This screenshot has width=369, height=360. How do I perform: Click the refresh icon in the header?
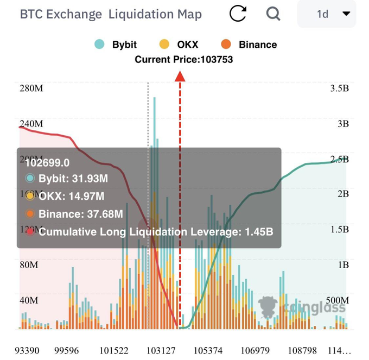pos(238,14)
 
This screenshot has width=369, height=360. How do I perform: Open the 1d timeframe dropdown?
pos(327,14)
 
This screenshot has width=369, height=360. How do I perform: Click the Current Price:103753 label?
pos(184,60)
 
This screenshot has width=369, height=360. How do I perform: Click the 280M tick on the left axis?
pos(30,88)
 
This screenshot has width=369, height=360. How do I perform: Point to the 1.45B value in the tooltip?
pos(257,232)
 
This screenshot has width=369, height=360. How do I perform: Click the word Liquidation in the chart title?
pos(155,14)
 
